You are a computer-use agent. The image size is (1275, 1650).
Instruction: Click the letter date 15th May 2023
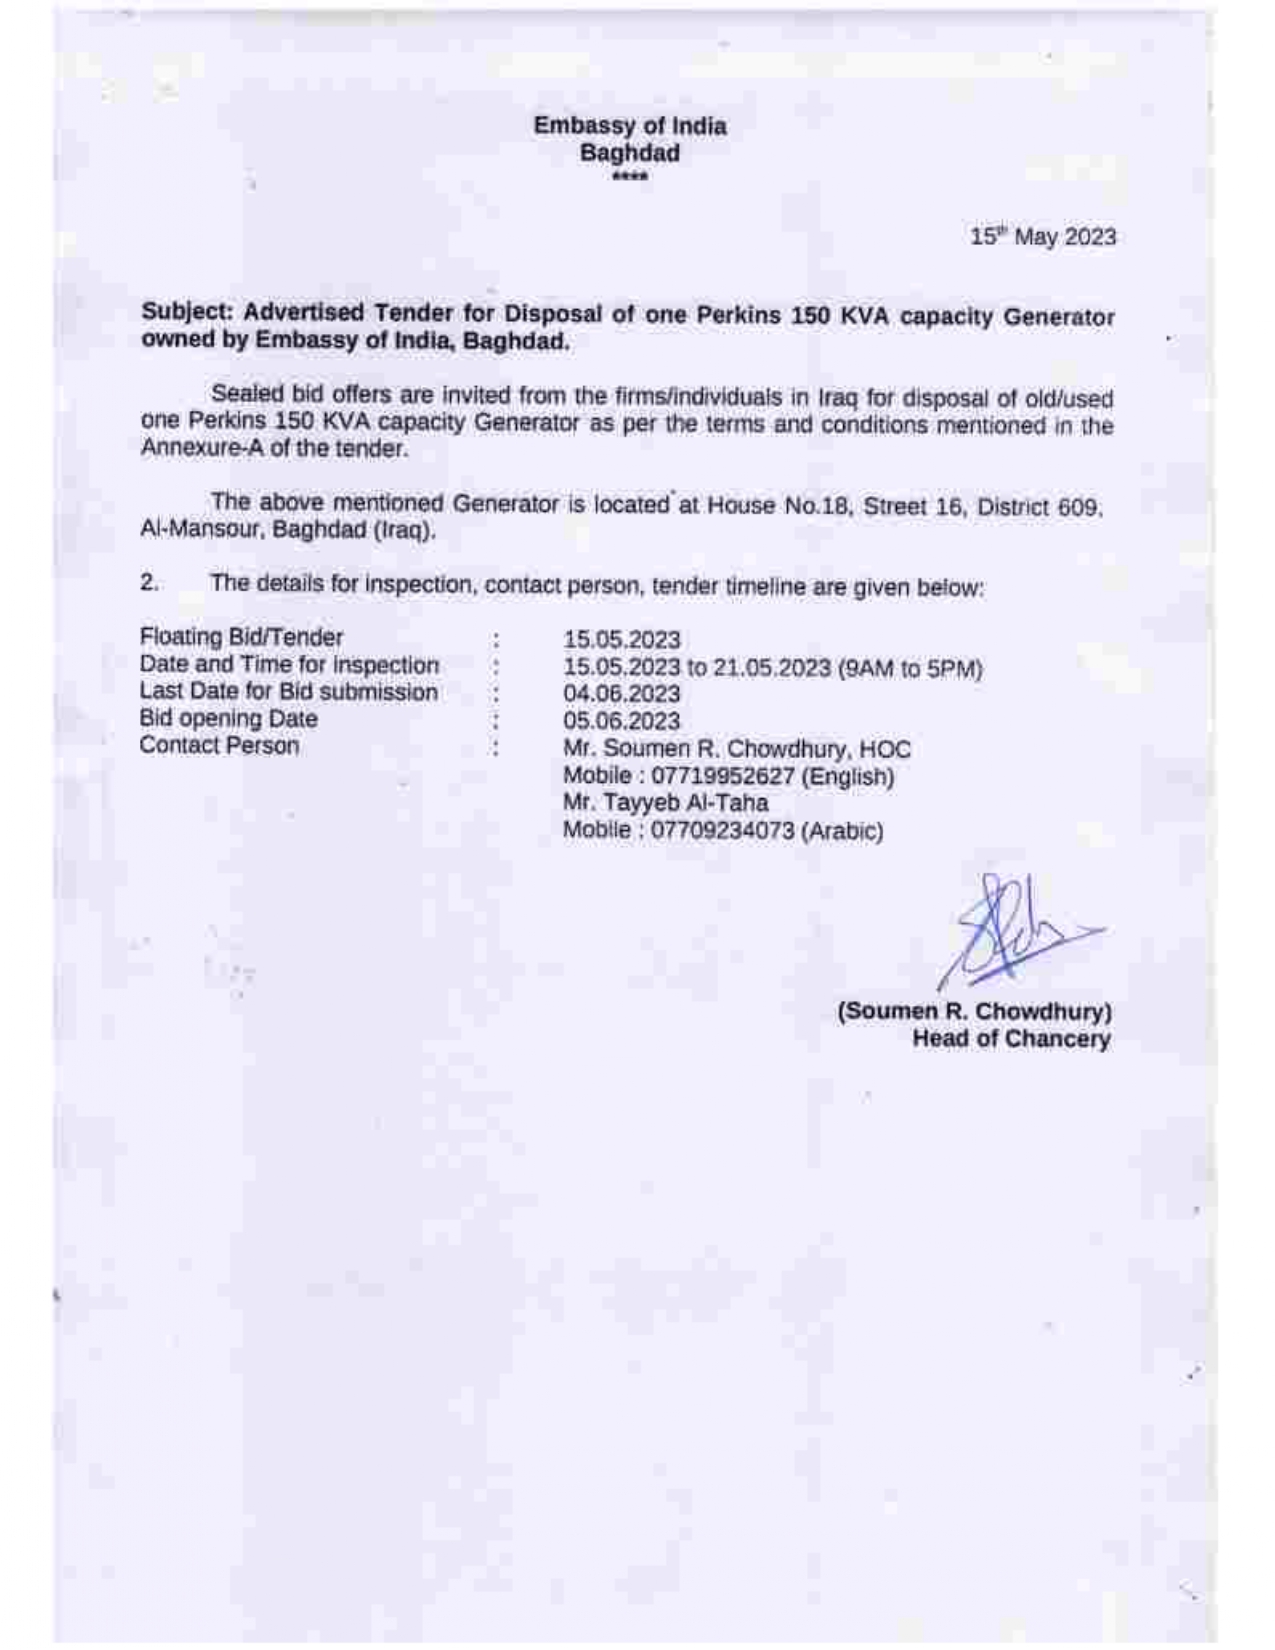[x=1043, y=237]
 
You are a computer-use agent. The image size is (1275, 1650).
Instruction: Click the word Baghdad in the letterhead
[x=630, y=153]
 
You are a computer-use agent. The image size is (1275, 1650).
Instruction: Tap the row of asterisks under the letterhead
[x=630, y=178]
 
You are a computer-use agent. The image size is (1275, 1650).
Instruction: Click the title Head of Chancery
[x=1011, y=1039]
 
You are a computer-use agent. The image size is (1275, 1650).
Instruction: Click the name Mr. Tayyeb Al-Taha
[x=666, y=803]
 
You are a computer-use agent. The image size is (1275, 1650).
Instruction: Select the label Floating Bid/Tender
[x=241, y=637]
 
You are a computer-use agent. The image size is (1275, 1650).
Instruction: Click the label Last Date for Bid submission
[x=288, y=692]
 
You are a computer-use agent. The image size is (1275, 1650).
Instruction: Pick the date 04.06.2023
[x=621, y=694]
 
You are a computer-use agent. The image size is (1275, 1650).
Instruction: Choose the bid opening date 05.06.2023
[x=621, y=721]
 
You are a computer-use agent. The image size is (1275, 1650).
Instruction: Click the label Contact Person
[x=219, y=746]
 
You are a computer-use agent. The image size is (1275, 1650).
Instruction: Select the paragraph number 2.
[x=149, y=583]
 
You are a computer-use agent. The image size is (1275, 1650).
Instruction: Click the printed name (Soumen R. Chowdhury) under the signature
[x=975, y=1011]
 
